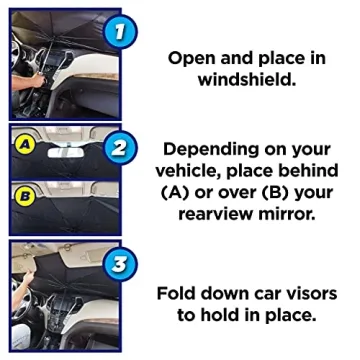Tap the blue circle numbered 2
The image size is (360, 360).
pyautogui.click(x=119, y=150)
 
